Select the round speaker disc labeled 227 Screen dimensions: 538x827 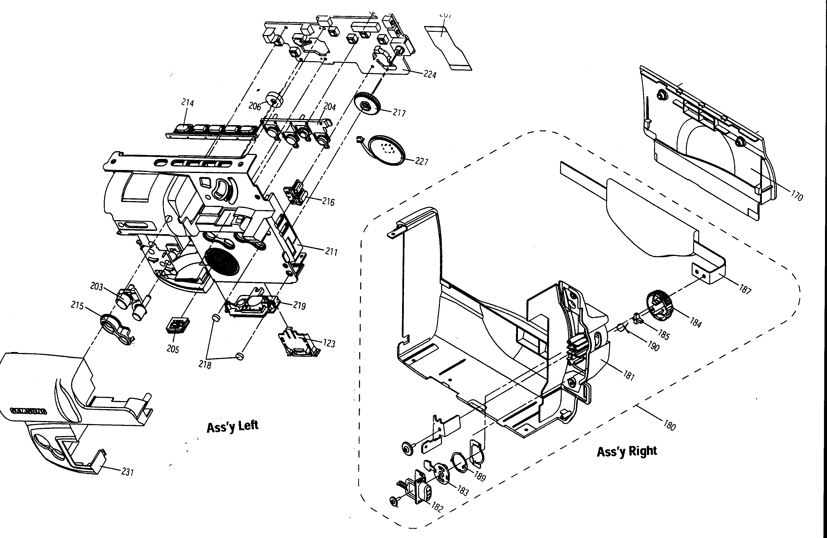(x=386, y=150)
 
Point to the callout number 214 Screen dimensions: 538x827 (x=188, y=103)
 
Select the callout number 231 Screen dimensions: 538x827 (x=128, y=472)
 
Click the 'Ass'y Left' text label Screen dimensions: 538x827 (x=232, y=426)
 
